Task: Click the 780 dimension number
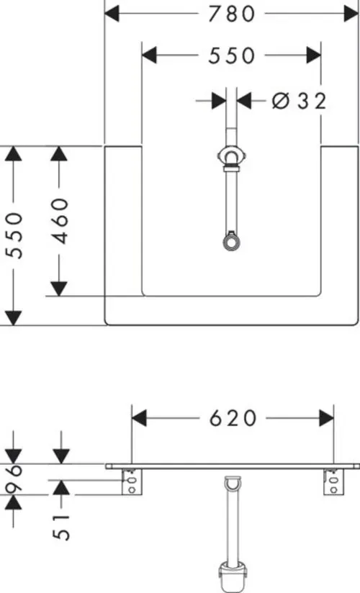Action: point(232,14)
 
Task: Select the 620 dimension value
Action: point(233,418)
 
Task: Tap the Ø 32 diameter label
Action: point(299,101)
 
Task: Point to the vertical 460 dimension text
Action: point(60,221)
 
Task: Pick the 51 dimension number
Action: point(61,528)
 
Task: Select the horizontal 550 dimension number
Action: point(232,55)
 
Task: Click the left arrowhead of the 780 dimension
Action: point(112,14)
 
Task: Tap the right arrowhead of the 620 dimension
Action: point(326,418)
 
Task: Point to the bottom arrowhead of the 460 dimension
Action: point(58,289)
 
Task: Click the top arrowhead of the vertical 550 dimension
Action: point(13,153)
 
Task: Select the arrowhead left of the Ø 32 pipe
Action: point(219,101)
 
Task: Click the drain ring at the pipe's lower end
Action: point(231,243)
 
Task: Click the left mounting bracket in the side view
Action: point(132,482)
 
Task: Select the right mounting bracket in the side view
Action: point(334,482)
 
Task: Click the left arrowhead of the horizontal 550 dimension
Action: point(149,55)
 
